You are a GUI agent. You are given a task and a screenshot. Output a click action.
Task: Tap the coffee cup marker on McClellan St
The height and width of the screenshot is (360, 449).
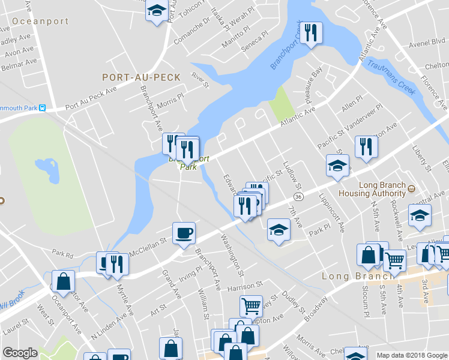(184, 232)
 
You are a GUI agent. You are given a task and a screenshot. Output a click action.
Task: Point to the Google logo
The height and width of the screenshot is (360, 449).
(20, 353)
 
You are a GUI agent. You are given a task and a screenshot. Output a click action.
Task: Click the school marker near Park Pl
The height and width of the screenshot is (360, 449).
(278, 230)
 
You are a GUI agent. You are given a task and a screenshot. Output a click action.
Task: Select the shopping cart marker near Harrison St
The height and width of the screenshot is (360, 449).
(251, 305)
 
